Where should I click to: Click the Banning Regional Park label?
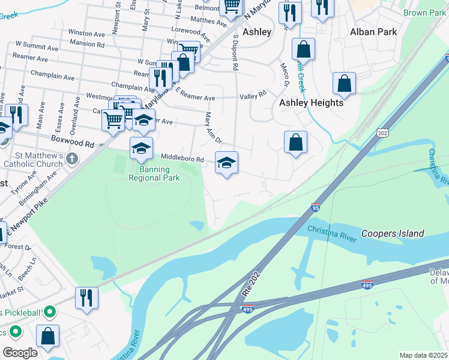click(155, 174)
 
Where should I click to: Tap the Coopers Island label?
click(393, 233)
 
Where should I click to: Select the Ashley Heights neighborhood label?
click(311, 103)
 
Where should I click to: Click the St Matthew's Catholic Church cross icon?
click(72, 159)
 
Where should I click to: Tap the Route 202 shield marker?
click(384, 132)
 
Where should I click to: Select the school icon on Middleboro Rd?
click(226, 163)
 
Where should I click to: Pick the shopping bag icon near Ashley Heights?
click(295, 143)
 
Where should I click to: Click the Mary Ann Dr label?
click(214, 128)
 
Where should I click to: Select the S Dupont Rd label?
click(236, 54)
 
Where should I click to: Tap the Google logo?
click(20, 353)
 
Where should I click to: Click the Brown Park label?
click(424, 13)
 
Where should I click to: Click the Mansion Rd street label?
click(87, 44)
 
